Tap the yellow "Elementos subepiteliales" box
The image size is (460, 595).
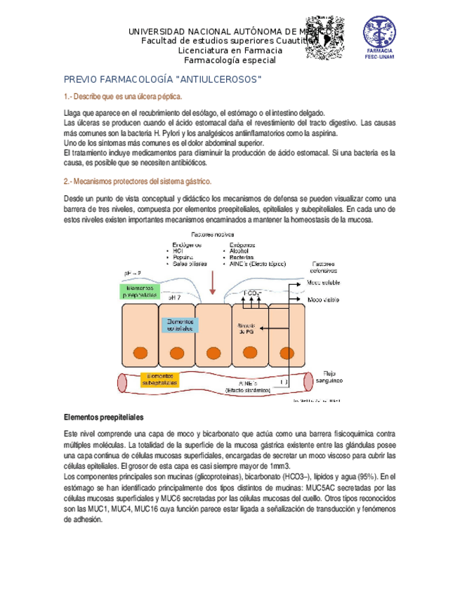coord(160,380)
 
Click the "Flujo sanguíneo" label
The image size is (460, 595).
coord(333,377)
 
